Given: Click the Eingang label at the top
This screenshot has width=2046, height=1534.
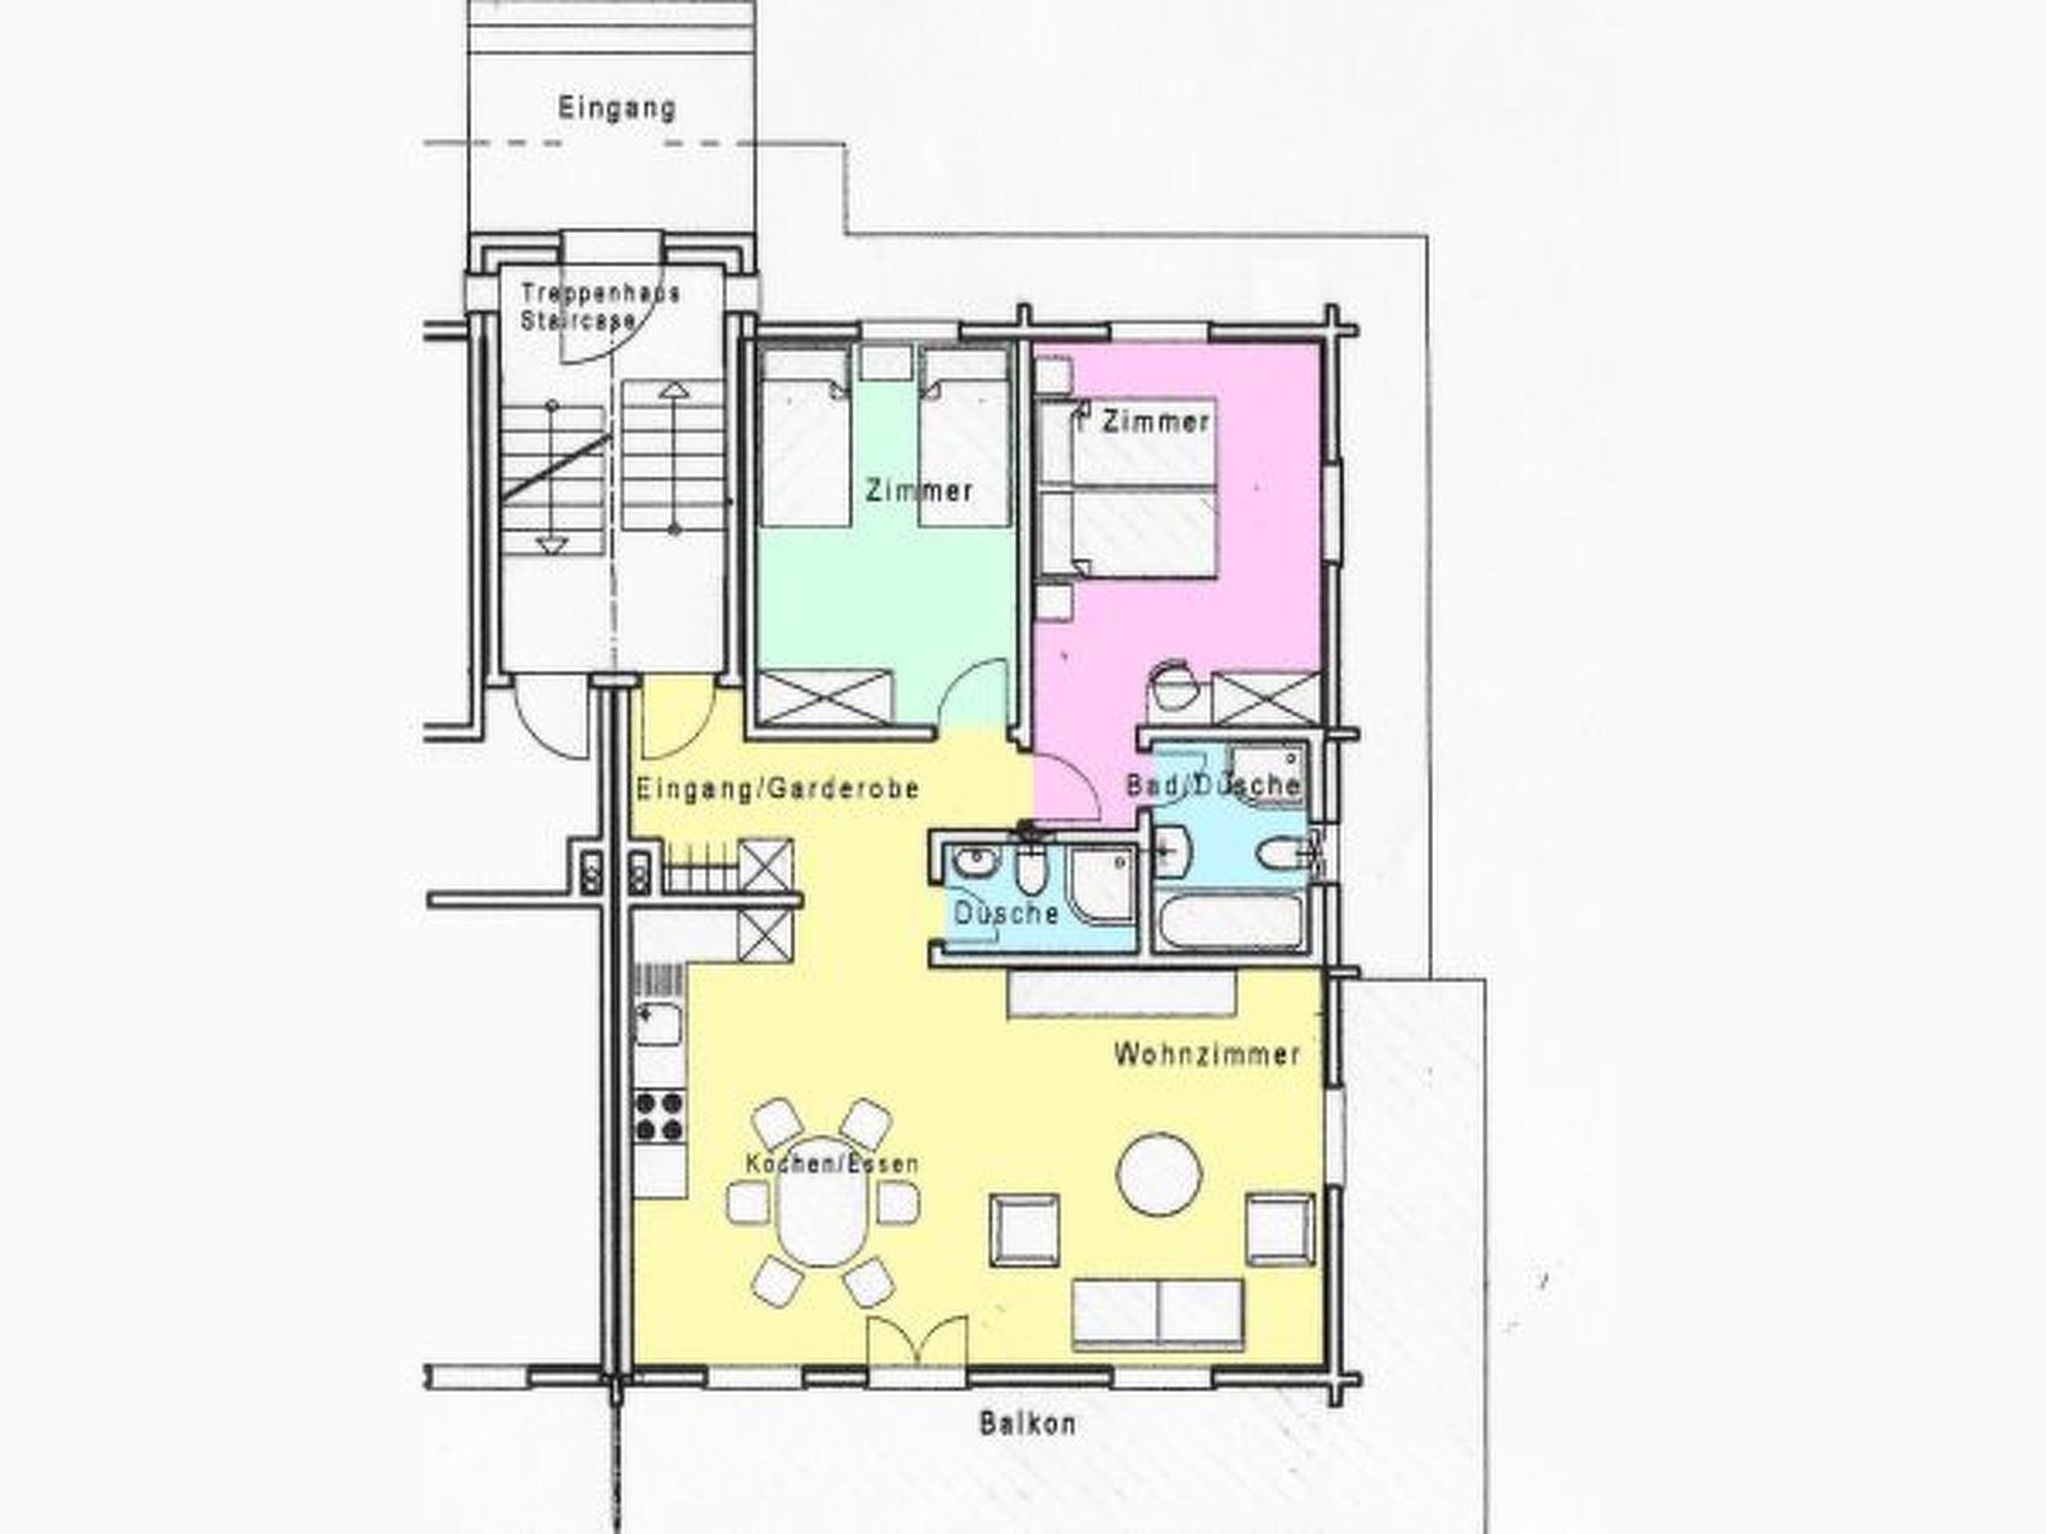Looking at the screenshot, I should (x=616, y=108).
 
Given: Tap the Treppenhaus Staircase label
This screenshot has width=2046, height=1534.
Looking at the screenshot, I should (x=599, y=307).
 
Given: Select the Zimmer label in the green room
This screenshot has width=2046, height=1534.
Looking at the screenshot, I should (x=918, y=490).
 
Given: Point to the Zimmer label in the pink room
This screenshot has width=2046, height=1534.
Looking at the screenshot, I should (x=1156, y=422).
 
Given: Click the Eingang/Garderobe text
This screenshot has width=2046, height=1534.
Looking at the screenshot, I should (x=778, y=789).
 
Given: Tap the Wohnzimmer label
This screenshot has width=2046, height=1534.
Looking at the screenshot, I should (x=1207, y=1055).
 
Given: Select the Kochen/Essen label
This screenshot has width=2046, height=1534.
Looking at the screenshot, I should (x=831, y=1164).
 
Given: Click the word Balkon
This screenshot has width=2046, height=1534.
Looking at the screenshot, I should (x=1027, y=1423).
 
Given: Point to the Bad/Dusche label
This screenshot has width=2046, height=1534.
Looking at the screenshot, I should (x=1213, y=786).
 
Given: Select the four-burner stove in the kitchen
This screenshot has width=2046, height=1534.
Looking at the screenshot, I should (x=659, y=1117).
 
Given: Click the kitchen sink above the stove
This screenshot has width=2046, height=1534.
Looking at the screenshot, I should (x=658, y=1025).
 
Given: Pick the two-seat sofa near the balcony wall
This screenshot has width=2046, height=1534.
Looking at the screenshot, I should (x=1158, y=1313).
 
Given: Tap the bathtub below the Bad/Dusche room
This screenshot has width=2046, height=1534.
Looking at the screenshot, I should (x=1230, y=922).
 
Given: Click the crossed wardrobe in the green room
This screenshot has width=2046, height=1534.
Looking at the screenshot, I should (x=825, y=696).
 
